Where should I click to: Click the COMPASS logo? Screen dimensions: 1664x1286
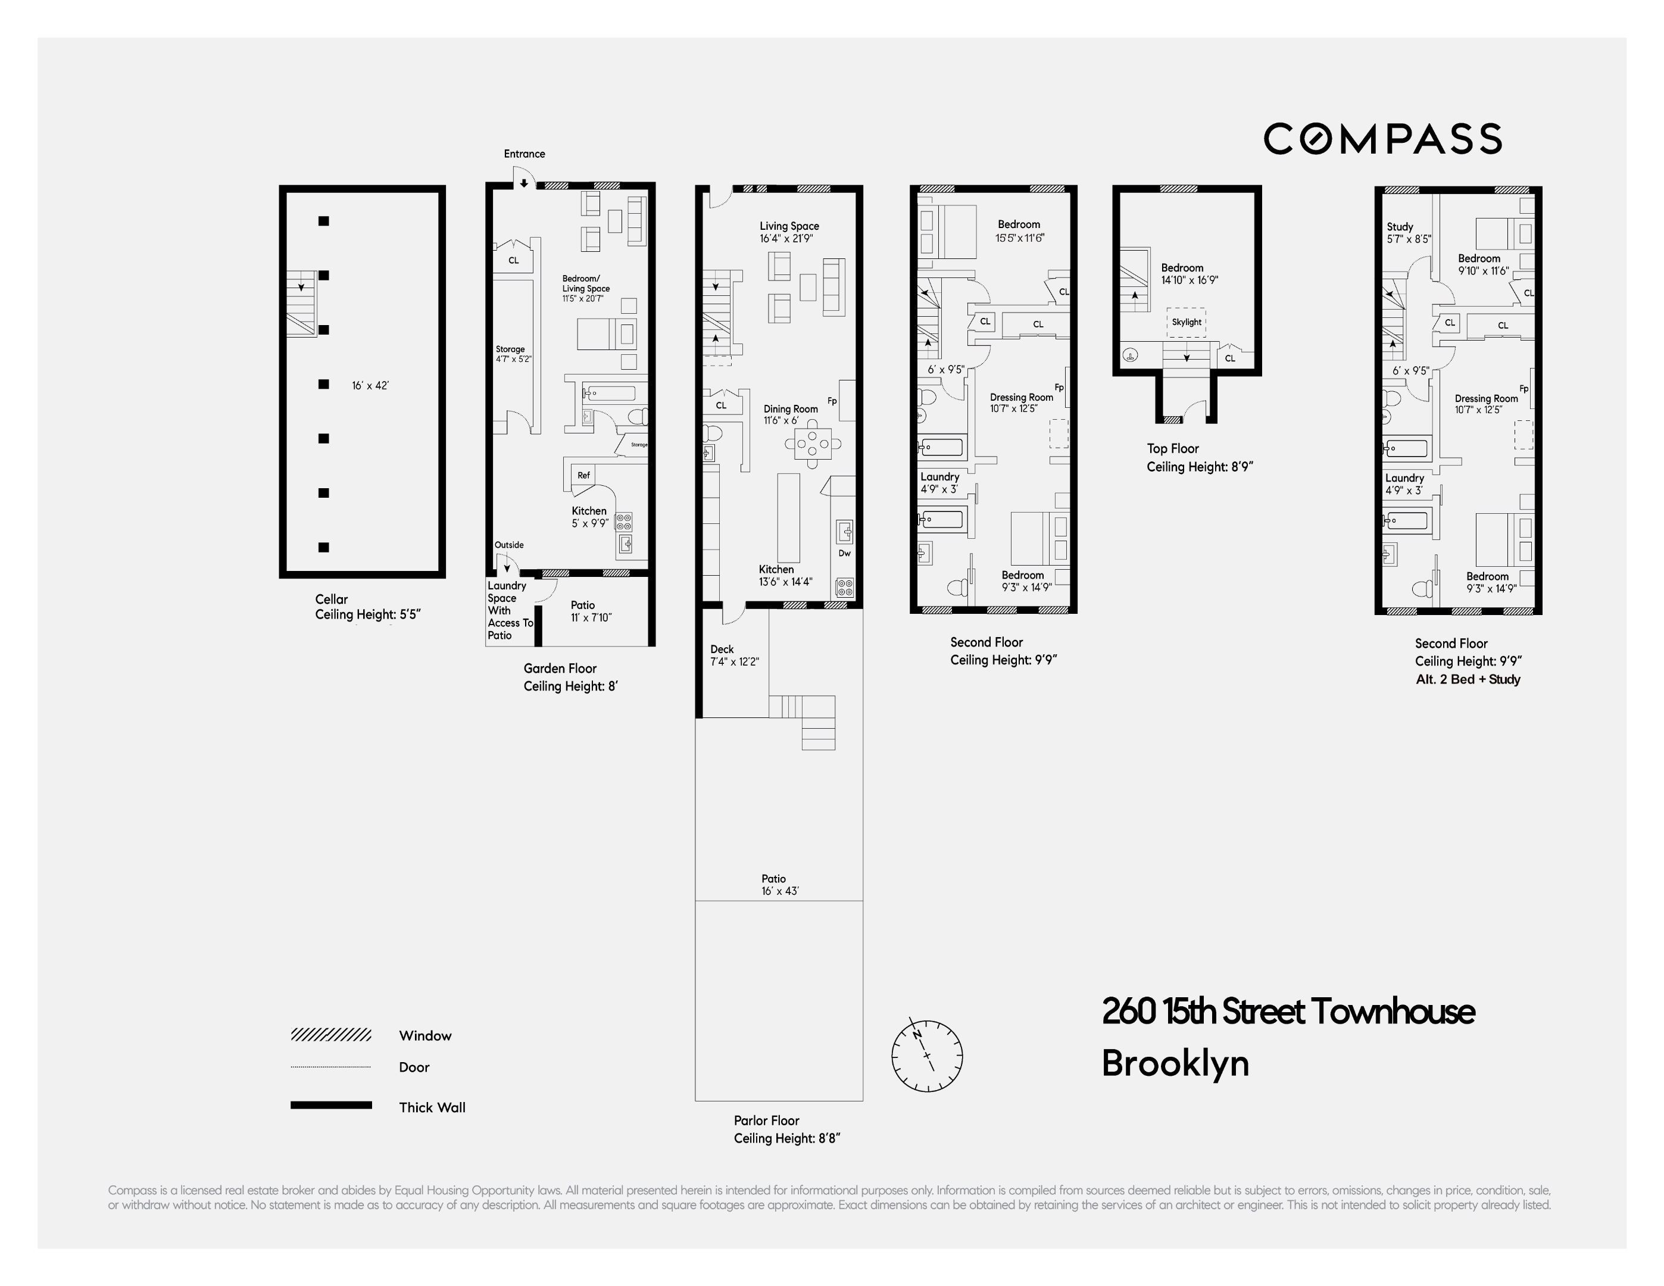tap(1382, 139)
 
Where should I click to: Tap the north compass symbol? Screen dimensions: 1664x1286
tap(926, 1055)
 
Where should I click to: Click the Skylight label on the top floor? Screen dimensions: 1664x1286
tap(1187, 322)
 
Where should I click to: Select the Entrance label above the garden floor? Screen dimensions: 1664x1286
tap(524, 154)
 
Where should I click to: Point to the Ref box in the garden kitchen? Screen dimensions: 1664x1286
tap(583, 475)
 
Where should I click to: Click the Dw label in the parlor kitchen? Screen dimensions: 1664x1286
tap(844, 553)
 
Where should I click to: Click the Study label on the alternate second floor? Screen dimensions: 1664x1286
tap(1400, 227)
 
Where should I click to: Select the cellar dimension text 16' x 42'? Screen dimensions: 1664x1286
tap(370, 385)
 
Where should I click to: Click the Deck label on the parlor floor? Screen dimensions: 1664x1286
tap(722, 649)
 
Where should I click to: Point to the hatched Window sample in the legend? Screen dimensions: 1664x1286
tap(330, 1035)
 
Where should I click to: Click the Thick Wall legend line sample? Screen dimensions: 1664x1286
tap(330, 1104)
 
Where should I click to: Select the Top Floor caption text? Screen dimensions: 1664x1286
tap(1173, 449)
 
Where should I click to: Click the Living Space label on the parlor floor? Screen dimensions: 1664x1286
tap(789, 226)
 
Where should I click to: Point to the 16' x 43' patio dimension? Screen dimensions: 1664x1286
tap(779, 891)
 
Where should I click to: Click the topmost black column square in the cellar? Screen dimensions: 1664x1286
tap(324, 221)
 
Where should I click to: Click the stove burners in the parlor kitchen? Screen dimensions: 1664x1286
tap(844, 588)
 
